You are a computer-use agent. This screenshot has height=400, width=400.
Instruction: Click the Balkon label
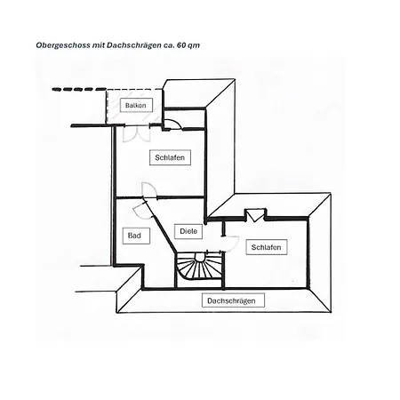coord(136,105)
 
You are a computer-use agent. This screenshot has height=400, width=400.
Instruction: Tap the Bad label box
coord(136,236)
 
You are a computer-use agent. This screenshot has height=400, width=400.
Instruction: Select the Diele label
coord(188,231)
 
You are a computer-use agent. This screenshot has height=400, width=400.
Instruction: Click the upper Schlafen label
coord(170,157)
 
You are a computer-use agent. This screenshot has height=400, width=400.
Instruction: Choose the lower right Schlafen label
coord(267,247)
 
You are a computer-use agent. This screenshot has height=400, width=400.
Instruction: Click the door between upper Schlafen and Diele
coord(149,189)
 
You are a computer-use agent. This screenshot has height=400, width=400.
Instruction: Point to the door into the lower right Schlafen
coord(231,244)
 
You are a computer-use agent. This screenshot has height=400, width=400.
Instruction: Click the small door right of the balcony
coord(173,124)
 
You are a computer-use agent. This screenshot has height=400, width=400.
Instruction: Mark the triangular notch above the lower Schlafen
coord(255,215)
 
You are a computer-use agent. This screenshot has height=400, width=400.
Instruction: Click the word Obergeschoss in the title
coord(63,45)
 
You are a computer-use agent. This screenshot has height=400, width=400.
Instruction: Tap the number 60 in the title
coord(181,45)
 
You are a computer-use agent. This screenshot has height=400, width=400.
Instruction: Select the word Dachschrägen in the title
coord(134,45)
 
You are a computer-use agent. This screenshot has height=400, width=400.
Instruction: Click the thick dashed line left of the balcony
coord(79,89)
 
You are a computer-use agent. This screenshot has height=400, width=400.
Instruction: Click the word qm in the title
coord(194,45)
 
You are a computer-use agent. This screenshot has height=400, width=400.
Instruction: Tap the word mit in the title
coord(99,45)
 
